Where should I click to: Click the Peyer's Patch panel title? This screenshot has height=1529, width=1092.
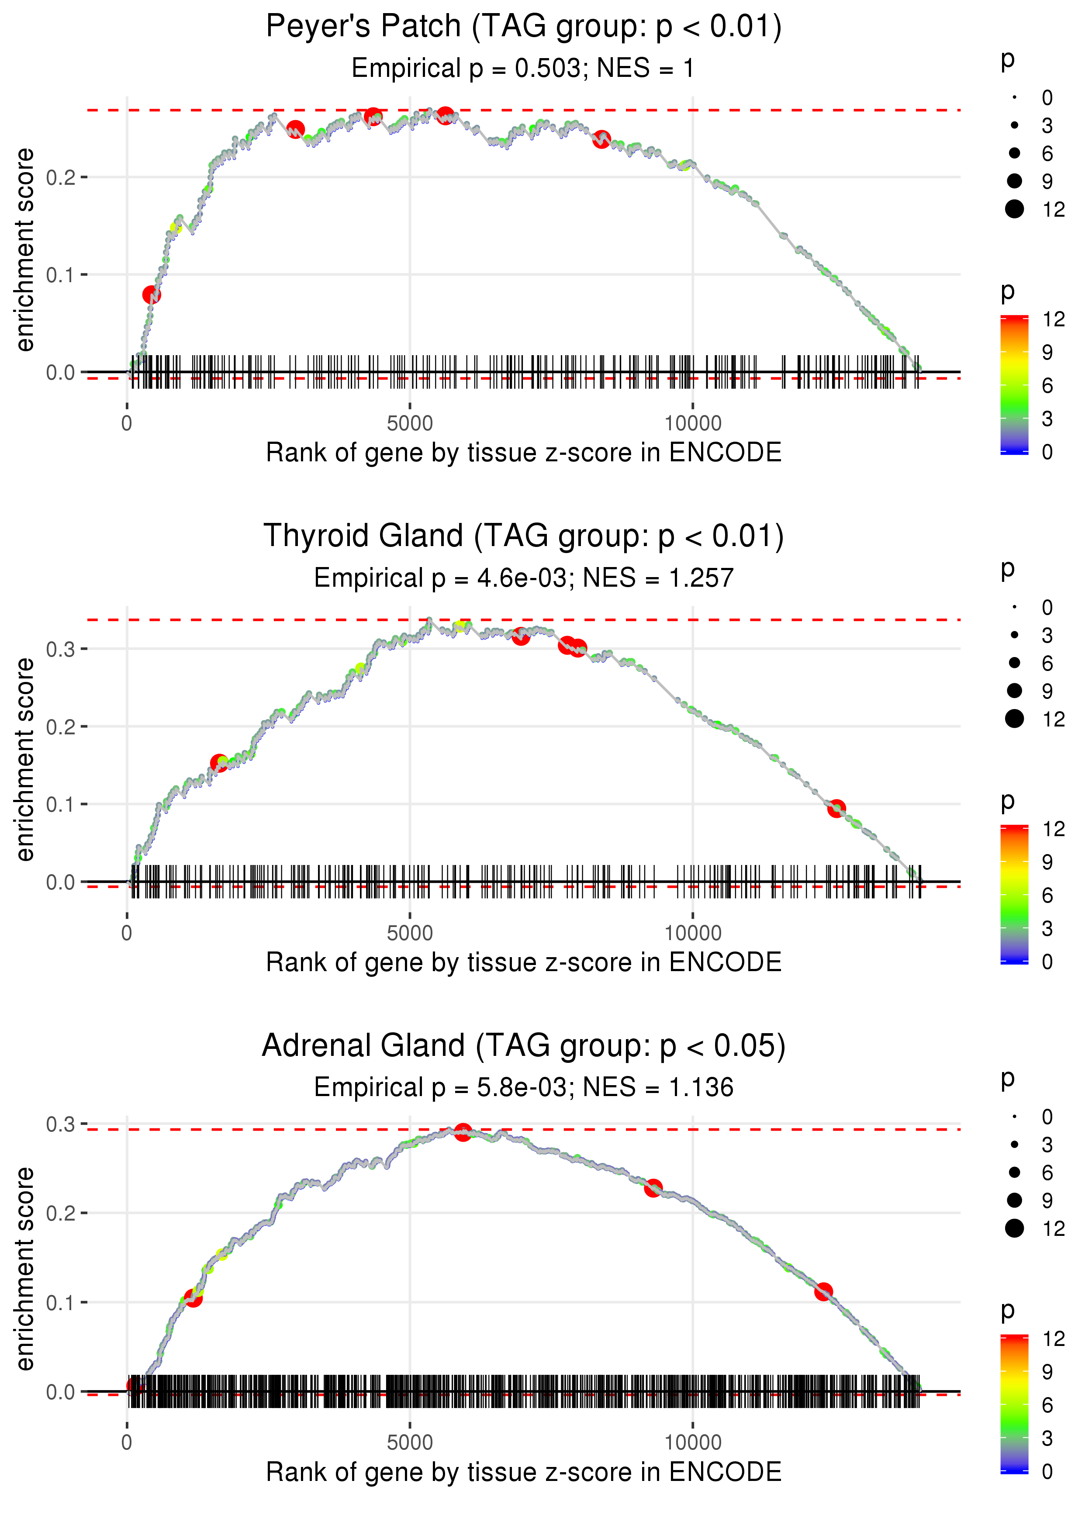523,27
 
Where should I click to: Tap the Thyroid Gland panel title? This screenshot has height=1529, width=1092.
523,536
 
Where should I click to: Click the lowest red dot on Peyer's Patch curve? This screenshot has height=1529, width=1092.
151,294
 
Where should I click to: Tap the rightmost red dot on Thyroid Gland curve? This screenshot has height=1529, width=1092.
836,808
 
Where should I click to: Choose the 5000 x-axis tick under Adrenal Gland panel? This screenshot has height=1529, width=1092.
410,1442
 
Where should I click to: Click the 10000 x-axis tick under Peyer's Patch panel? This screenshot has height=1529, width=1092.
693,424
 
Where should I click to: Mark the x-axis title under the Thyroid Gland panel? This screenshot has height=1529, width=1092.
523,962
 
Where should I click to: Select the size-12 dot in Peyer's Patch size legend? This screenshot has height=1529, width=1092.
1014,209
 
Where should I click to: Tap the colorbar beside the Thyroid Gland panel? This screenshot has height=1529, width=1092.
1014,894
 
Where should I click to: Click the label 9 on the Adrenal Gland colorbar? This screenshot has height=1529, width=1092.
1047,1372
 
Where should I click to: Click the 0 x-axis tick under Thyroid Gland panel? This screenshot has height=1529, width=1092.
127,933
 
